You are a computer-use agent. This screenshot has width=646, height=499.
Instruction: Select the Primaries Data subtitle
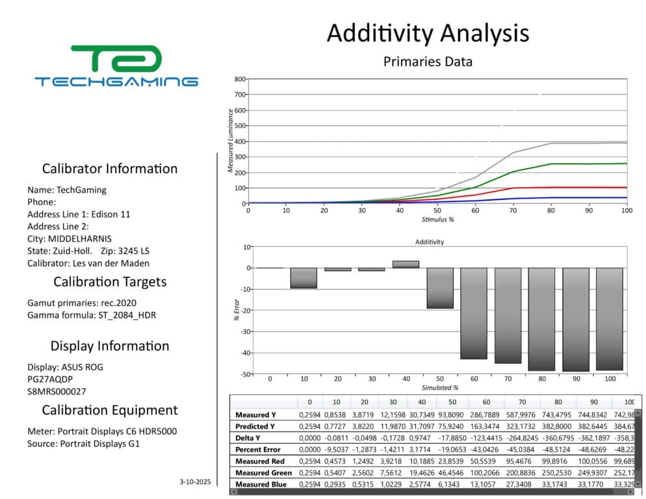tap(428, 62)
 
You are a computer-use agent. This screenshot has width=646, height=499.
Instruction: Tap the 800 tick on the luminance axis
tap(240, 79)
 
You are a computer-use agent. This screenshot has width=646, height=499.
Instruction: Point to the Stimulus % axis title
tap(437, 219)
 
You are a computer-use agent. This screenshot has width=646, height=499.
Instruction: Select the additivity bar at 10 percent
tap(304, 278)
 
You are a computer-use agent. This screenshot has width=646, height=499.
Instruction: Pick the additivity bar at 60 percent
tap(474, 313)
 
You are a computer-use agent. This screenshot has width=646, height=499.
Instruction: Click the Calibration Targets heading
tap(110, 282)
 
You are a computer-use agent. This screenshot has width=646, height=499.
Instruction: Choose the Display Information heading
tap(110, 346)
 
